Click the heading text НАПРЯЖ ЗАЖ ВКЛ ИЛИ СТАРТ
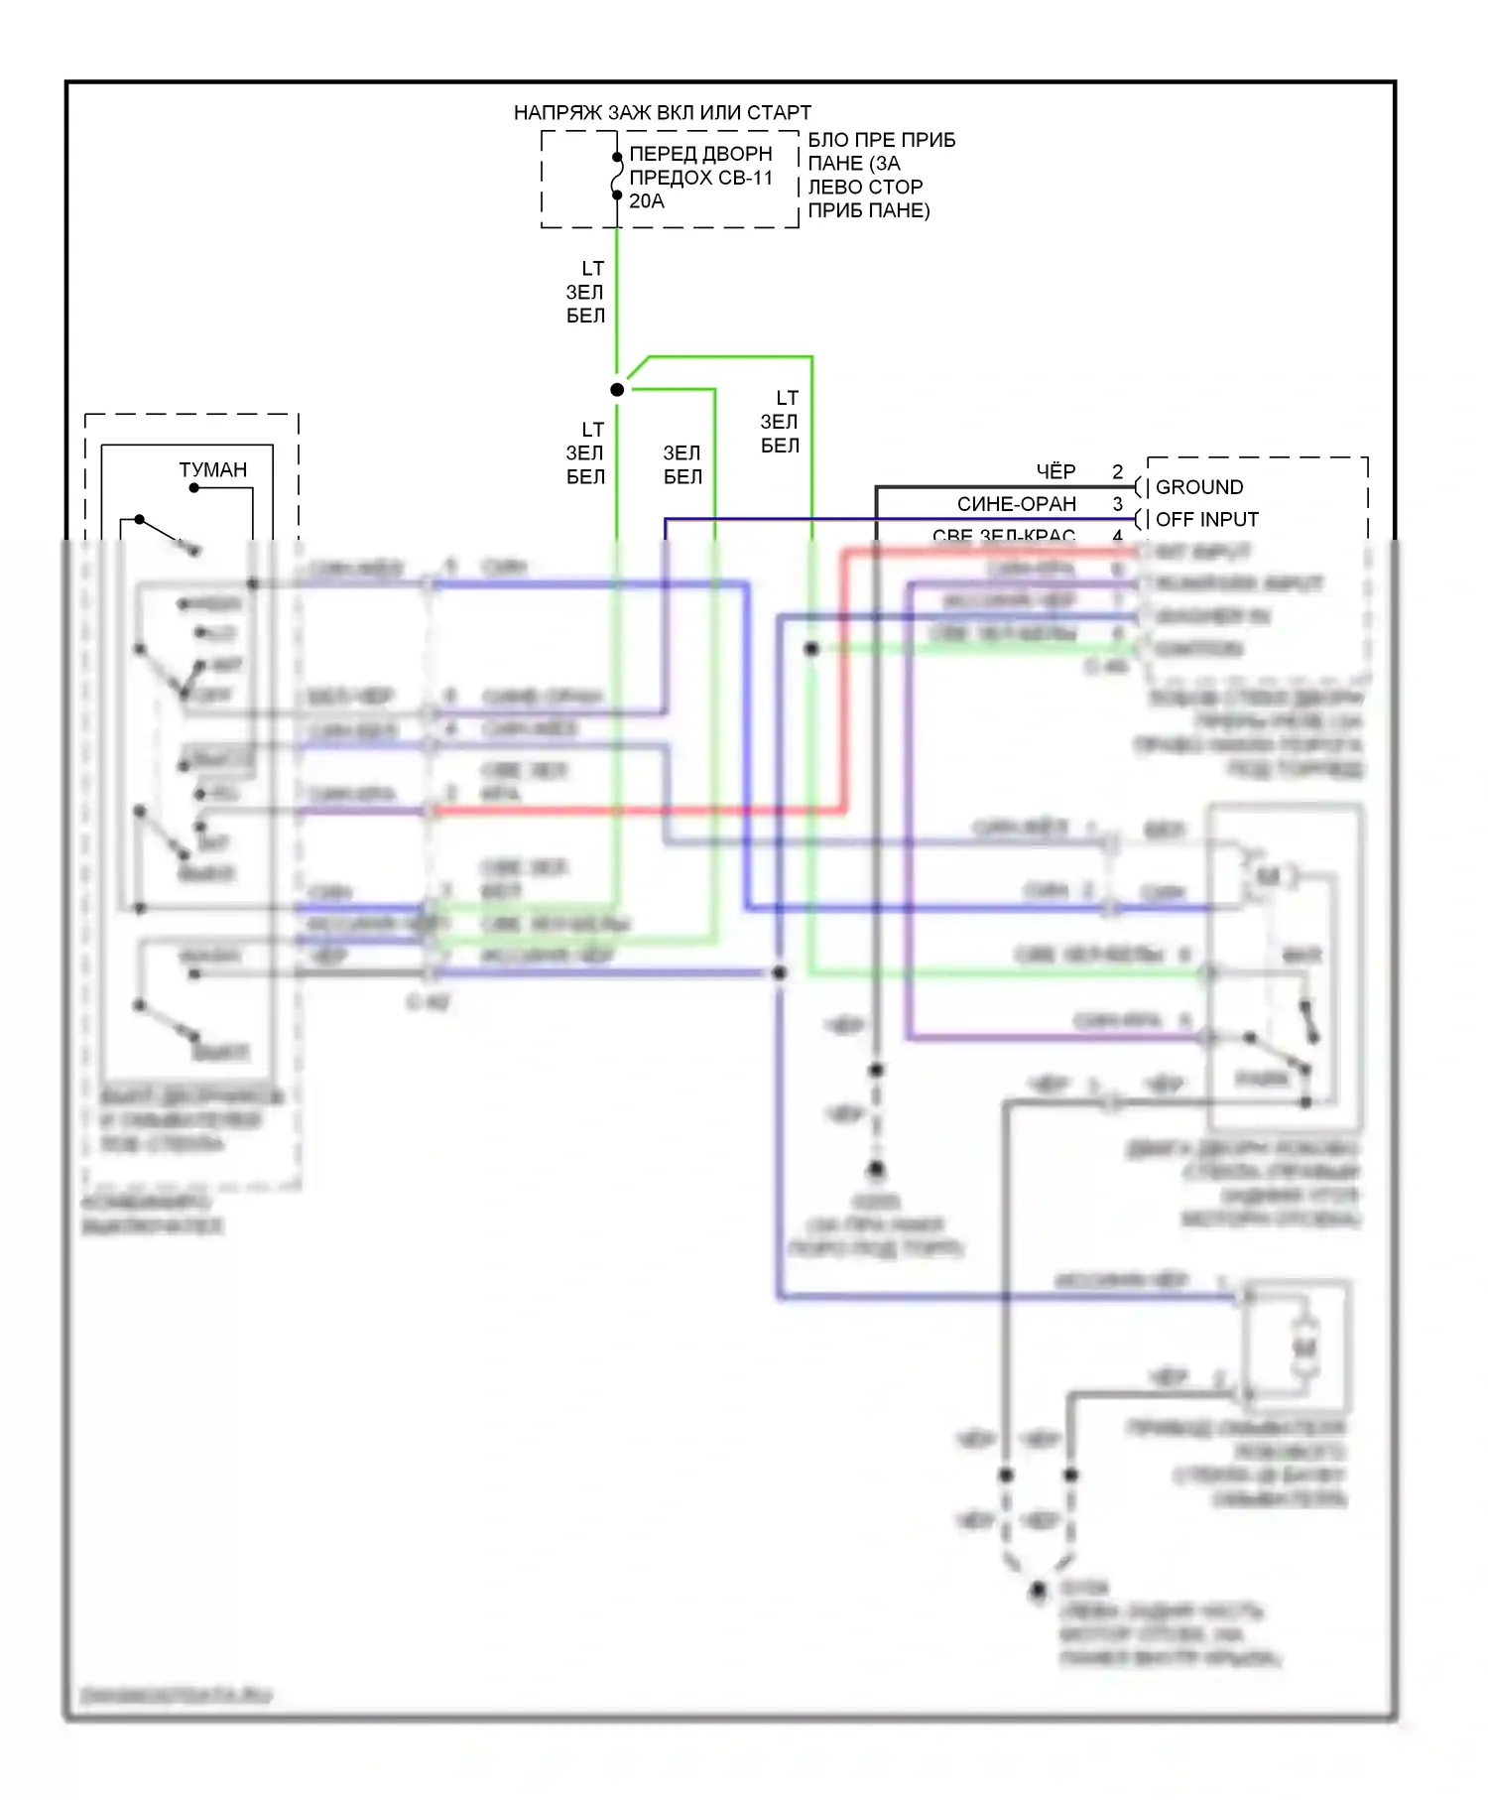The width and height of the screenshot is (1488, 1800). click(x=662, y=112)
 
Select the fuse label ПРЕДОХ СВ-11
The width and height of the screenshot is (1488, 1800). click(x=700, y=178)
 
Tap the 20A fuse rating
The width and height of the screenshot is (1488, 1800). click(x=646, y=201)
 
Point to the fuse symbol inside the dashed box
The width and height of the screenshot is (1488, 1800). click(x=617, y=177)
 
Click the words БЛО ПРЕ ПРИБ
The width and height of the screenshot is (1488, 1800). click(x=881, y=140)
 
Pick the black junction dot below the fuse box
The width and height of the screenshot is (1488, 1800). click(x=617, y=390)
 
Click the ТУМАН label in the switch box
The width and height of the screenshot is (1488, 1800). click(x=212, y=469)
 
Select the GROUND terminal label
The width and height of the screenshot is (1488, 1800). click(x=1198, y=487)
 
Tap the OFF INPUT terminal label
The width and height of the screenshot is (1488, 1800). click(x=1206, y=519)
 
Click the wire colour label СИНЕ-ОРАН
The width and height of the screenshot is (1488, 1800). click(x=1016, y=504)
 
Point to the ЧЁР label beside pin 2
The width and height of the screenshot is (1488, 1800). click(x=1055, y=471)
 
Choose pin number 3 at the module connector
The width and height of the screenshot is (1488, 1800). click(x=1117, y=504)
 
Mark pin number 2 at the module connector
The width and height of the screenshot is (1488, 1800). click(x=1117, y=471)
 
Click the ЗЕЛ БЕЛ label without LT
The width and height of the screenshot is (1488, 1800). click(x=682, y=464)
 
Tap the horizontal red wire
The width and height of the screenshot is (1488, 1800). click(x=635, y=811)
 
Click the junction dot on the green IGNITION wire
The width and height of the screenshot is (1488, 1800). click(x=811, y=649)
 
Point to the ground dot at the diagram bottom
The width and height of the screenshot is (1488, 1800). click(x=1038, y=1591)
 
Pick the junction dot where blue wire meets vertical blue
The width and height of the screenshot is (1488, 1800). click(x=780, y=973)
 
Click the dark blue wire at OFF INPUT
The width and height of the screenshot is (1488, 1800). click(x=893, y=519)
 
